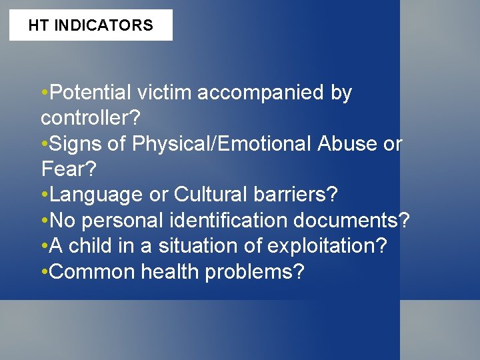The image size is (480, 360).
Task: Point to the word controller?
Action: pos(91,119)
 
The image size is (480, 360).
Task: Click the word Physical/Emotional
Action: pos(222,144)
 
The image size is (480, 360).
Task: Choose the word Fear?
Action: pos(66,169)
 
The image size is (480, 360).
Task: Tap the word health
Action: pos(163,272)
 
